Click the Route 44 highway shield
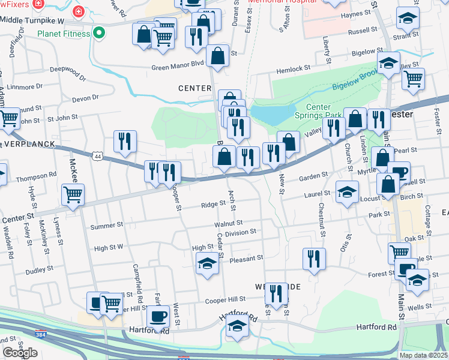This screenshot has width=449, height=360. [x=97, y=157]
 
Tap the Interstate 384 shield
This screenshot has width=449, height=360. [x=40, y=334]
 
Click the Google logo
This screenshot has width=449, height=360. [x=20, y=353]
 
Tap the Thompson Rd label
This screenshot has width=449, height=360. [x=36, y=178]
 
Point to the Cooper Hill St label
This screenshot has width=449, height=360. [x=226, y=299]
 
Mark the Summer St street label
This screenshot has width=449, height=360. [x=106, y=227]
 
